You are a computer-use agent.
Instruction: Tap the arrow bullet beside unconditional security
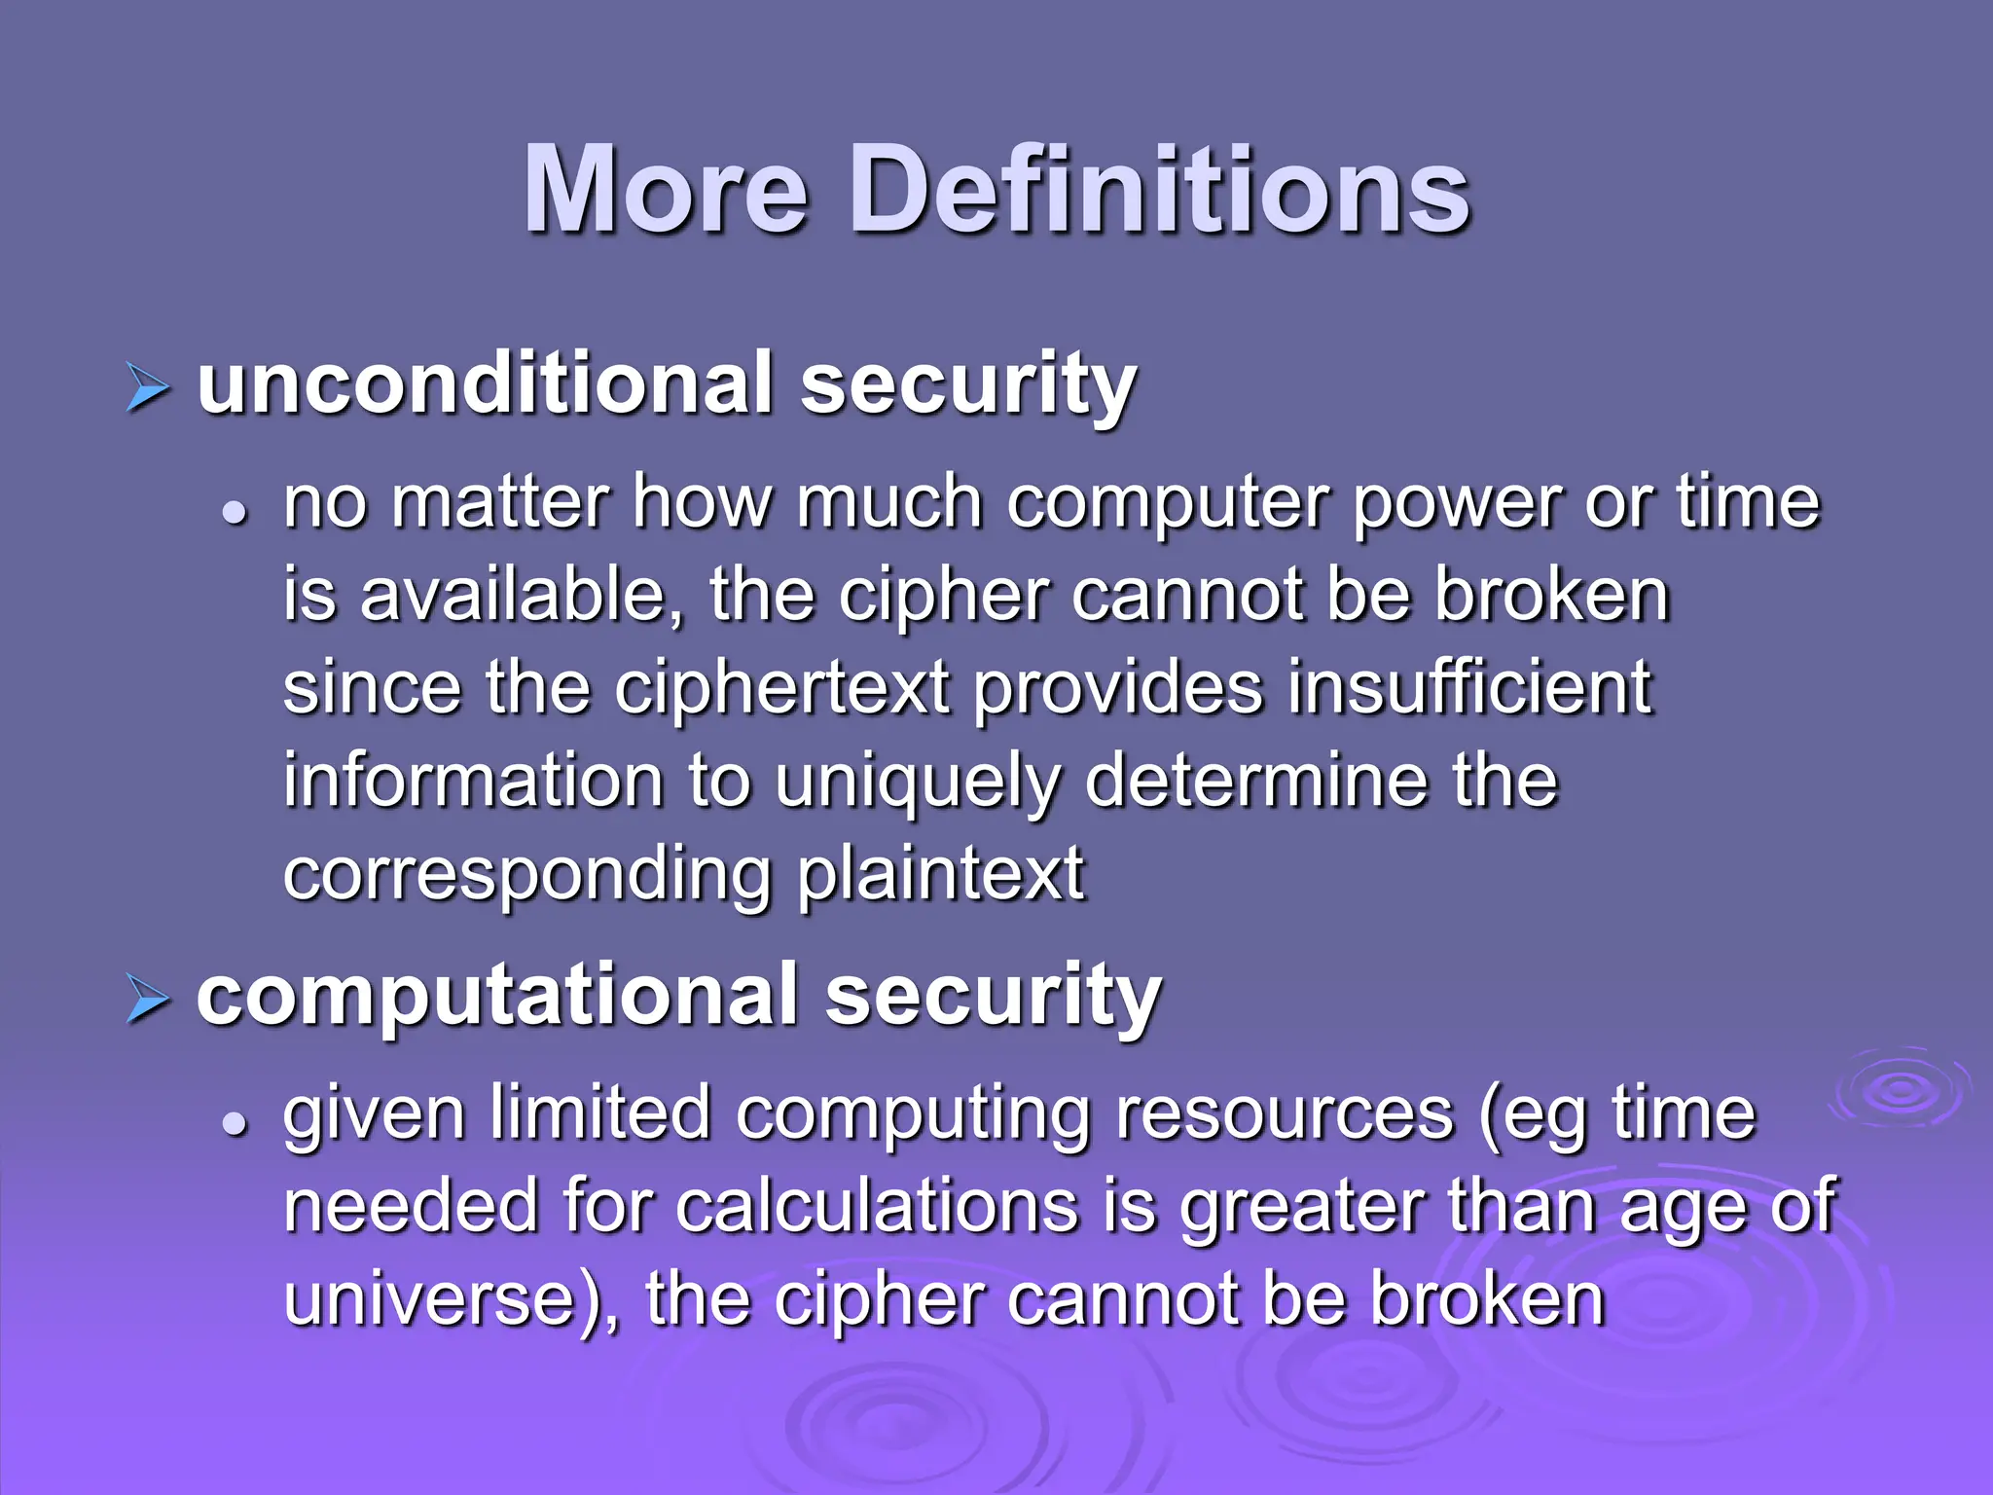pos(147,391)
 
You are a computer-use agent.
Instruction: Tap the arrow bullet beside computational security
pos(147,1003)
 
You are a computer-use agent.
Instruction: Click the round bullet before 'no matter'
pos(235,512)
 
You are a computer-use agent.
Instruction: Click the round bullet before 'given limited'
pos(235,1123)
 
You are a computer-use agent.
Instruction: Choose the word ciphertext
pos(781,688)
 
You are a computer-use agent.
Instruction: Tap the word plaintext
pos(940,874)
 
